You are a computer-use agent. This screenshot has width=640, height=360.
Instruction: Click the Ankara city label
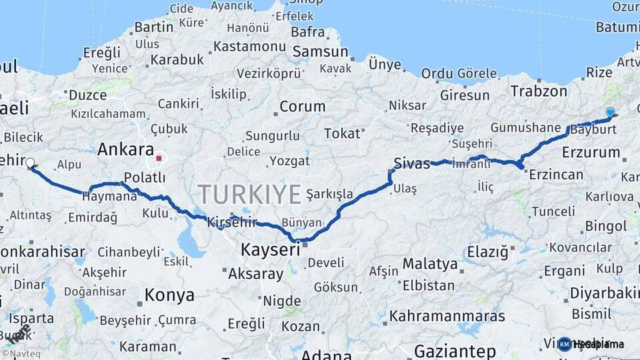(x=125, y=149)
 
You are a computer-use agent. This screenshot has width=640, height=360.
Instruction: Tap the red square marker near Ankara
(x=159, y=159)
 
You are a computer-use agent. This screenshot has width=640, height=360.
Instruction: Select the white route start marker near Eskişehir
(x=30, y=162)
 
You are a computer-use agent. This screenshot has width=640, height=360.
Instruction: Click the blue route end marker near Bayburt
(x=610, y=112)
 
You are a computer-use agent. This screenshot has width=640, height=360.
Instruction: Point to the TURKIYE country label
(x=249, y=195)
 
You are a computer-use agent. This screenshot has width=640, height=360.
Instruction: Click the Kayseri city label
(x=270, y=250)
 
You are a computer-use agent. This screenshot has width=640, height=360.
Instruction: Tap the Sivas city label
(x=412, y=163)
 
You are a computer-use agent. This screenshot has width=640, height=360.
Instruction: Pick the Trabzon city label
(x=539, y=91)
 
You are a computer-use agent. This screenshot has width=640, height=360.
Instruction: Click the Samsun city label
(x=320, y=52)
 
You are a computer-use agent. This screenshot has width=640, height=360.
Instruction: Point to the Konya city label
(x=169, y=295)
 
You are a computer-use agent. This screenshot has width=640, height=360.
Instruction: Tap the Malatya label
(x=430, y=263)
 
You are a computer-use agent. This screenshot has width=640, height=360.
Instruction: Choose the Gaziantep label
(x=455, y=351)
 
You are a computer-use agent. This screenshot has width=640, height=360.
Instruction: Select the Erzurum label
(x=591, y=152)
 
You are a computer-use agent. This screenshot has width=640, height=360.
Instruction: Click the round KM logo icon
(x=564, y=344)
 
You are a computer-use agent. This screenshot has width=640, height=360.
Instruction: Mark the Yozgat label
(x=291, y=161)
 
